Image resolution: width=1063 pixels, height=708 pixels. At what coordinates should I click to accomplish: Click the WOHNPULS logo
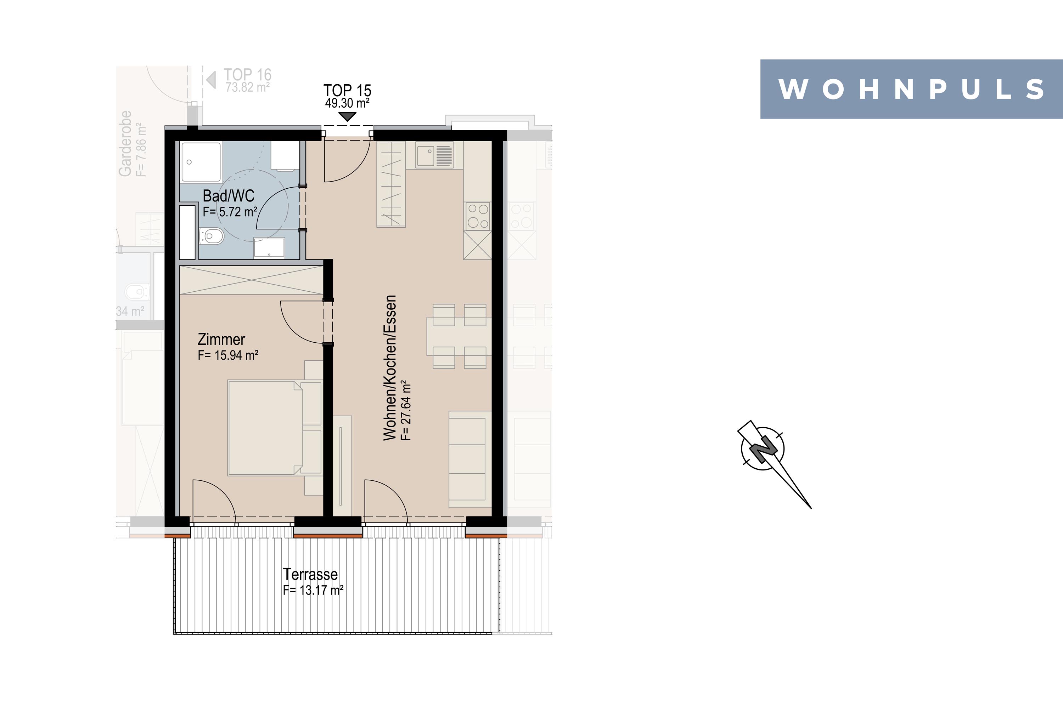(912, 89)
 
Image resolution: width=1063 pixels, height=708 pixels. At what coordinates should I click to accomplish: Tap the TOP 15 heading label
(347, 91)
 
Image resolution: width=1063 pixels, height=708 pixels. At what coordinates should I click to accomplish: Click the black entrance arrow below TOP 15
(347, 117)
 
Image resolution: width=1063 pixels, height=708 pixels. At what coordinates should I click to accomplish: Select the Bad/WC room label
(228, 196)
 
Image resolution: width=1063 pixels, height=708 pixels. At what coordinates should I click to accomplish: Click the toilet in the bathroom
(212, 236)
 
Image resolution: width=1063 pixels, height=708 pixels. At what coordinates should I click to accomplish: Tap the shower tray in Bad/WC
(201, 162)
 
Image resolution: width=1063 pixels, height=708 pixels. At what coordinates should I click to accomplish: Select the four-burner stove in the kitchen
(478, 216)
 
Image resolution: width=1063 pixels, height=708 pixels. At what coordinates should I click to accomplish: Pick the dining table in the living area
(459, 336)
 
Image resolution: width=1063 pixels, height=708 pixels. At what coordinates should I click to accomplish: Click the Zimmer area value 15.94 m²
(228, 355)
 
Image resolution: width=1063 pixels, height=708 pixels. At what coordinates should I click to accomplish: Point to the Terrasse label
(310, 574)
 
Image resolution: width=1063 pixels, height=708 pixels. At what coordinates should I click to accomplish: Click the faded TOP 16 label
(248, 74)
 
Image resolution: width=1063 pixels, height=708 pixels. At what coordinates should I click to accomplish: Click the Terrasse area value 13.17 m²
(313, 590)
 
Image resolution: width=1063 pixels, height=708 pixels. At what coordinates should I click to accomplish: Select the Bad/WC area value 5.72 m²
(230, 211)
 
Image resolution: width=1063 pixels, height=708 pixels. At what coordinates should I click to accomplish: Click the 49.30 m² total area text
(347, 103)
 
